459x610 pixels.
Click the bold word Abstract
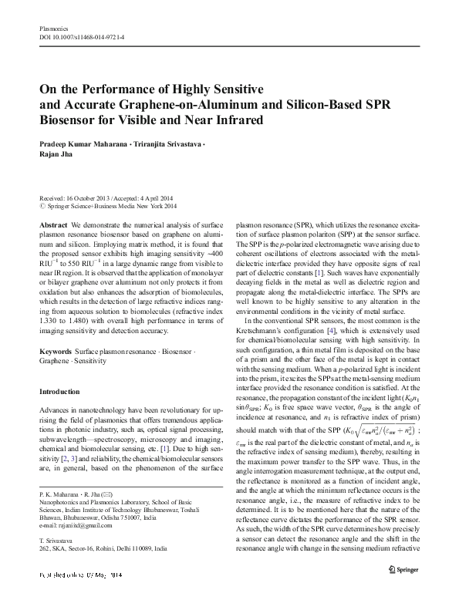point(52,223)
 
